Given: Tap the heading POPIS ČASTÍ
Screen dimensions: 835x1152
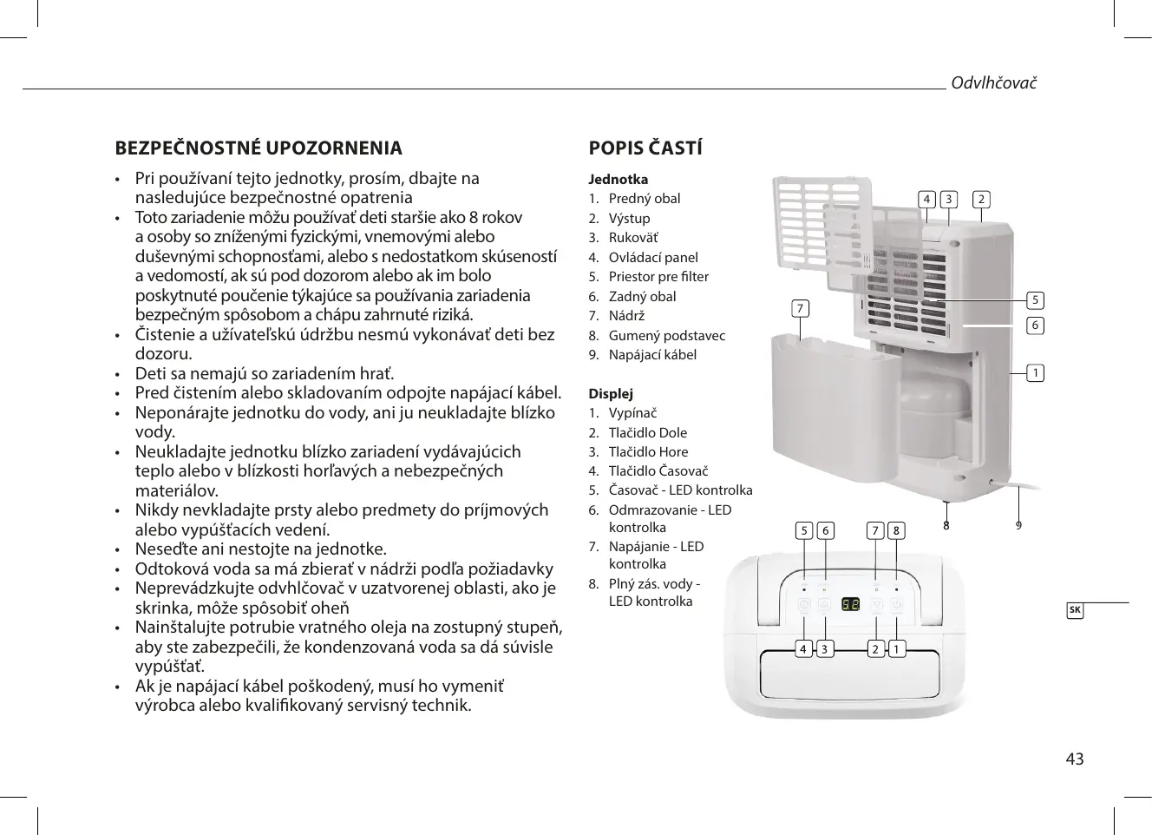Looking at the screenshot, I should [x=645, y=148].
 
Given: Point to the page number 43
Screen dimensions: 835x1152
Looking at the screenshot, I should [x=1074, y=759].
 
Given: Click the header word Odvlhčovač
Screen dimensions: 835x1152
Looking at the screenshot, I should [x=994, y=82].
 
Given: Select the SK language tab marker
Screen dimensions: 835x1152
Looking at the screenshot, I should [x=1075, y=609].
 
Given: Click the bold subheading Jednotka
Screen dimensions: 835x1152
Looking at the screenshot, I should [x=618, y=180].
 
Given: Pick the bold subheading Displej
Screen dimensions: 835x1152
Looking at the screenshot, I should [x=611, y=393].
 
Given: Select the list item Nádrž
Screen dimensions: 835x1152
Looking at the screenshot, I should [x=626, y=315].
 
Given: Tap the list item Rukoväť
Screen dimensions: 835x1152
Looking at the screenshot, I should [x=633, y=237].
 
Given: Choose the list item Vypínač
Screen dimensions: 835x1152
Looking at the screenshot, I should [x=632, y=413].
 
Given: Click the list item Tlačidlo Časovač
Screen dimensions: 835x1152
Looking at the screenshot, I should [x=658, y=471].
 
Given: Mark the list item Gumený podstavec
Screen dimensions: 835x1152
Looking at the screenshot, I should [x=666, y=335].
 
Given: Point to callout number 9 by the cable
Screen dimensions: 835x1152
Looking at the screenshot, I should [x=1018, y=526].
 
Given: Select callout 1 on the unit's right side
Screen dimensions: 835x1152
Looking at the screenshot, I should [x=1035, y=373].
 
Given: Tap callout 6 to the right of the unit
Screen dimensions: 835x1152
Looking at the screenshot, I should [x=1035, y=325].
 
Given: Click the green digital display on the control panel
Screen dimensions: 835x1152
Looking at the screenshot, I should [x=849, y=605].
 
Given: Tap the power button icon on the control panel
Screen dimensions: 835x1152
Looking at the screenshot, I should [x=897, y=606].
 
